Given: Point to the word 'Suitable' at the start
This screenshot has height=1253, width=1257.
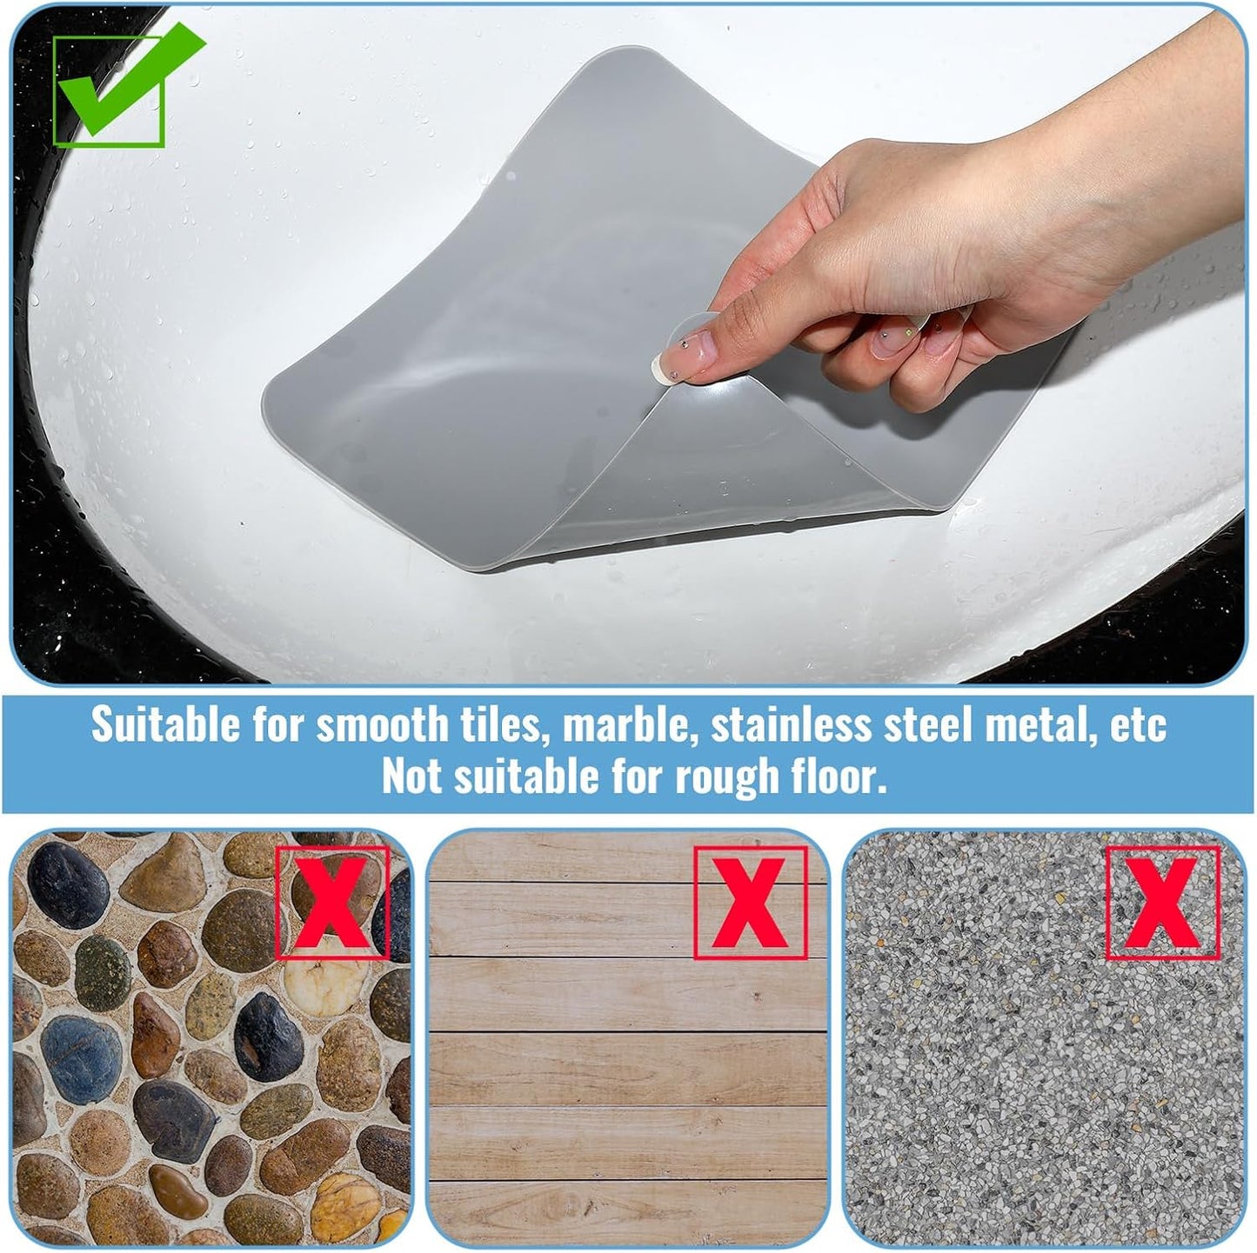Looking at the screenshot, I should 165,723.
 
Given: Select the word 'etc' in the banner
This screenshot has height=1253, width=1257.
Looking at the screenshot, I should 1139,725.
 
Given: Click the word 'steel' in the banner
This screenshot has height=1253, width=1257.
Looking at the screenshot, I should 927,724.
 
